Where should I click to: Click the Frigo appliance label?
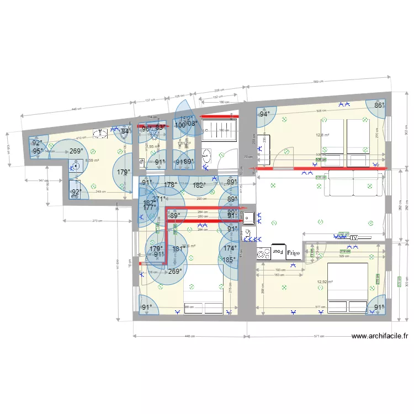pos(293,252)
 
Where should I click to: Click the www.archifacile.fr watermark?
pos(380,336)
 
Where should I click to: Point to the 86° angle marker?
pos(379,105)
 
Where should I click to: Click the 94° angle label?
pos(266,114)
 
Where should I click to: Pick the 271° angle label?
pos(159,199)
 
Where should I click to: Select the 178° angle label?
pos(171,185)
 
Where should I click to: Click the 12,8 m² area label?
pos(322,135)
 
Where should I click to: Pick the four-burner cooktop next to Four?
pos(263,253)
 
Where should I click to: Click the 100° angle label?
pos(180,125)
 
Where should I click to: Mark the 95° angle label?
pos(38,151)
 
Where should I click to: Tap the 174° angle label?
pos(230,248)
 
